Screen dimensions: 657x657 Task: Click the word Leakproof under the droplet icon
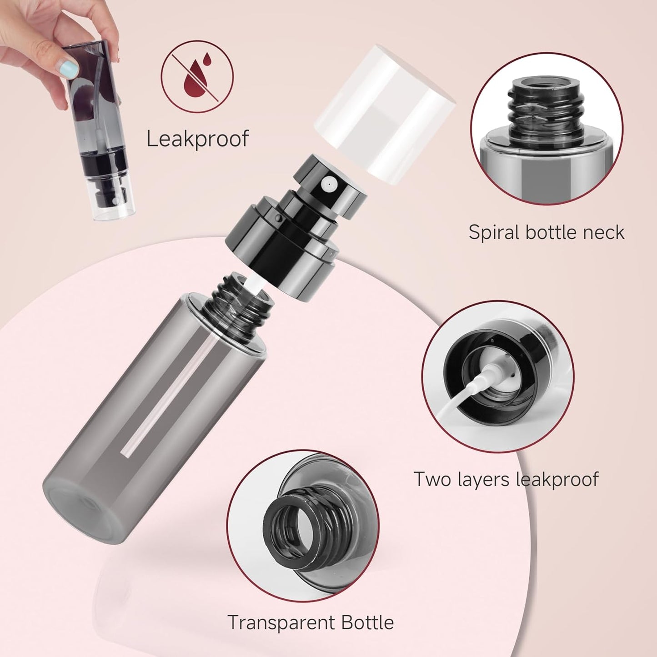coord(198,138)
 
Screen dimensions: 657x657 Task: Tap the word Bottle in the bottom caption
coord(367,622)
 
